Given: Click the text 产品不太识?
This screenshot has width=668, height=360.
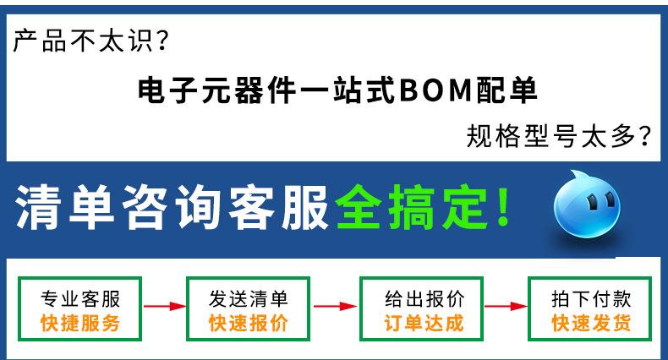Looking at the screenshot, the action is pyautogui.click(x=90, y=41).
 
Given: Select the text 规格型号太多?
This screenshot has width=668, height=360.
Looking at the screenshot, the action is pyautogui.click(x=559, y=136).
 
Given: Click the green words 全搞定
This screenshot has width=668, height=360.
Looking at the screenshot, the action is pyautogui.click(x=411, y=208).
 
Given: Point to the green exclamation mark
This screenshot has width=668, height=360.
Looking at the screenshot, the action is pyautogui.click(x=504, y=207).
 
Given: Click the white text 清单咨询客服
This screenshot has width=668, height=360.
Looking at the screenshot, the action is pyautogui.click(x=172, y=208).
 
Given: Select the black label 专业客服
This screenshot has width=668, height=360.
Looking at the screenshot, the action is pyautogui.click(x=80, y=298).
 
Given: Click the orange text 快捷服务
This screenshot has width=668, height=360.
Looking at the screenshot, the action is pyautogui.click(x=80, y=323).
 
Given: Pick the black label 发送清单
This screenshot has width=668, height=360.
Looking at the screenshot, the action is pyautogui.click(x=249, y=298).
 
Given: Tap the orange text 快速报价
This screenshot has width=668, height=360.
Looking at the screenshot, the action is pyautogui.click(x=249, y=323).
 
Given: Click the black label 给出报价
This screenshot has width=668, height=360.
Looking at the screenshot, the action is pyautogui.click(x=424, y=298).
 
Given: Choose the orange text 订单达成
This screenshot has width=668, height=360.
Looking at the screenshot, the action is pyautogui.click(x=424, y=323).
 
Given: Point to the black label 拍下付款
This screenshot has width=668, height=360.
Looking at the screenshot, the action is pyautogui.click(x=591, y=298).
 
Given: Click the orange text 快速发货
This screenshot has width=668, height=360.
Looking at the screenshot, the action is pyautogui.click(x=591, y=323).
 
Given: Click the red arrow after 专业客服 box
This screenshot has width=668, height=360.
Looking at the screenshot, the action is pyautogui.click(x=165, y=306).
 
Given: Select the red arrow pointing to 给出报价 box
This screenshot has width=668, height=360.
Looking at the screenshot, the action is pyautogui.click(x=336, y=306).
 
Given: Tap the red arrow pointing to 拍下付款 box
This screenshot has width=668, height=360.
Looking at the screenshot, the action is pyautogui.click(x=506, y=306).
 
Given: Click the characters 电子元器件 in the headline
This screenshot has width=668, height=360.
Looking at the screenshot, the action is pyautogui.click(x=216, y=90).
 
